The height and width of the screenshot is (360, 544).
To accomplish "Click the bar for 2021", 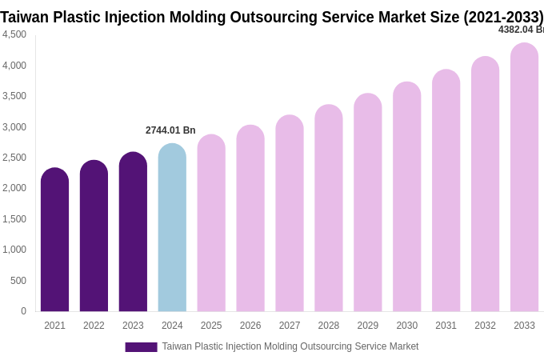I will [54, 240].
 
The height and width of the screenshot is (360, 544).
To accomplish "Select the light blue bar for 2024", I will [172, 228].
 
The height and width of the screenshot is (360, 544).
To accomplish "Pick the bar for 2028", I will [329, 208].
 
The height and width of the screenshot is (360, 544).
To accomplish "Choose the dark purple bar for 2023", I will [133, 232].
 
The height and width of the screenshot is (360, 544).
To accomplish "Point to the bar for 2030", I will [407, 197].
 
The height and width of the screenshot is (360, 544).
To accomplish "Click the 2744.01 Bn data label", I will [170, 130].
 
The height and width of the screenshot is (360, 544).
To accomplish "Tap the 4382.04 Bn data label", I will [521, 30].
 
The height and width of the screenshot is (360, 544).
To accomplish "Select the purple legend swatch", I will [141, 347].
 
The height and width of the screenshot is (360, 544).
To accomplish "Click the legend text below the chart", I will [290, 346].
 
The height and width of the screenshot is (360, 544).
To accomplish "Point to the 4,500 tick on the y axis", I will [14, 34].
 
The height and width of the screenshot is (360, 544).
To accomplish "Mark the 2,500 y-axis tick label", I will [14, 158].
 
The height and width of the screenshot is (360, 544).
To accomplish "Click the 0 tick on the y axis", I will [23, 311].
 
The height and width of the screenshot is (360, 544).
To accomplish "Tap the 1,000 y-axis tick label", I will [14, 250].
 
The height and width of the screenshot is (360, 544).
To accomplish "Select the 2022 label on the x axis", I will [94, 326].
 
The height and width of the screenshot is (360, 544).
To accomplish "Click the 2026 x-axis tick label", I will [250, 326].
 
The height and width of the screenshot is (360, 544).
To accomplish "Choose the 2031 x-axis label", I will [446, 326].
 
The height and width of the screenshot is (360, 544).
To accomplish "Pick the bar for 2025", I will [211, 223].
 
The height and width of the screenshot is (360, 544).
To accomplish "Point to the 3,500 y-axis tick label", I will [14, 96].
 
